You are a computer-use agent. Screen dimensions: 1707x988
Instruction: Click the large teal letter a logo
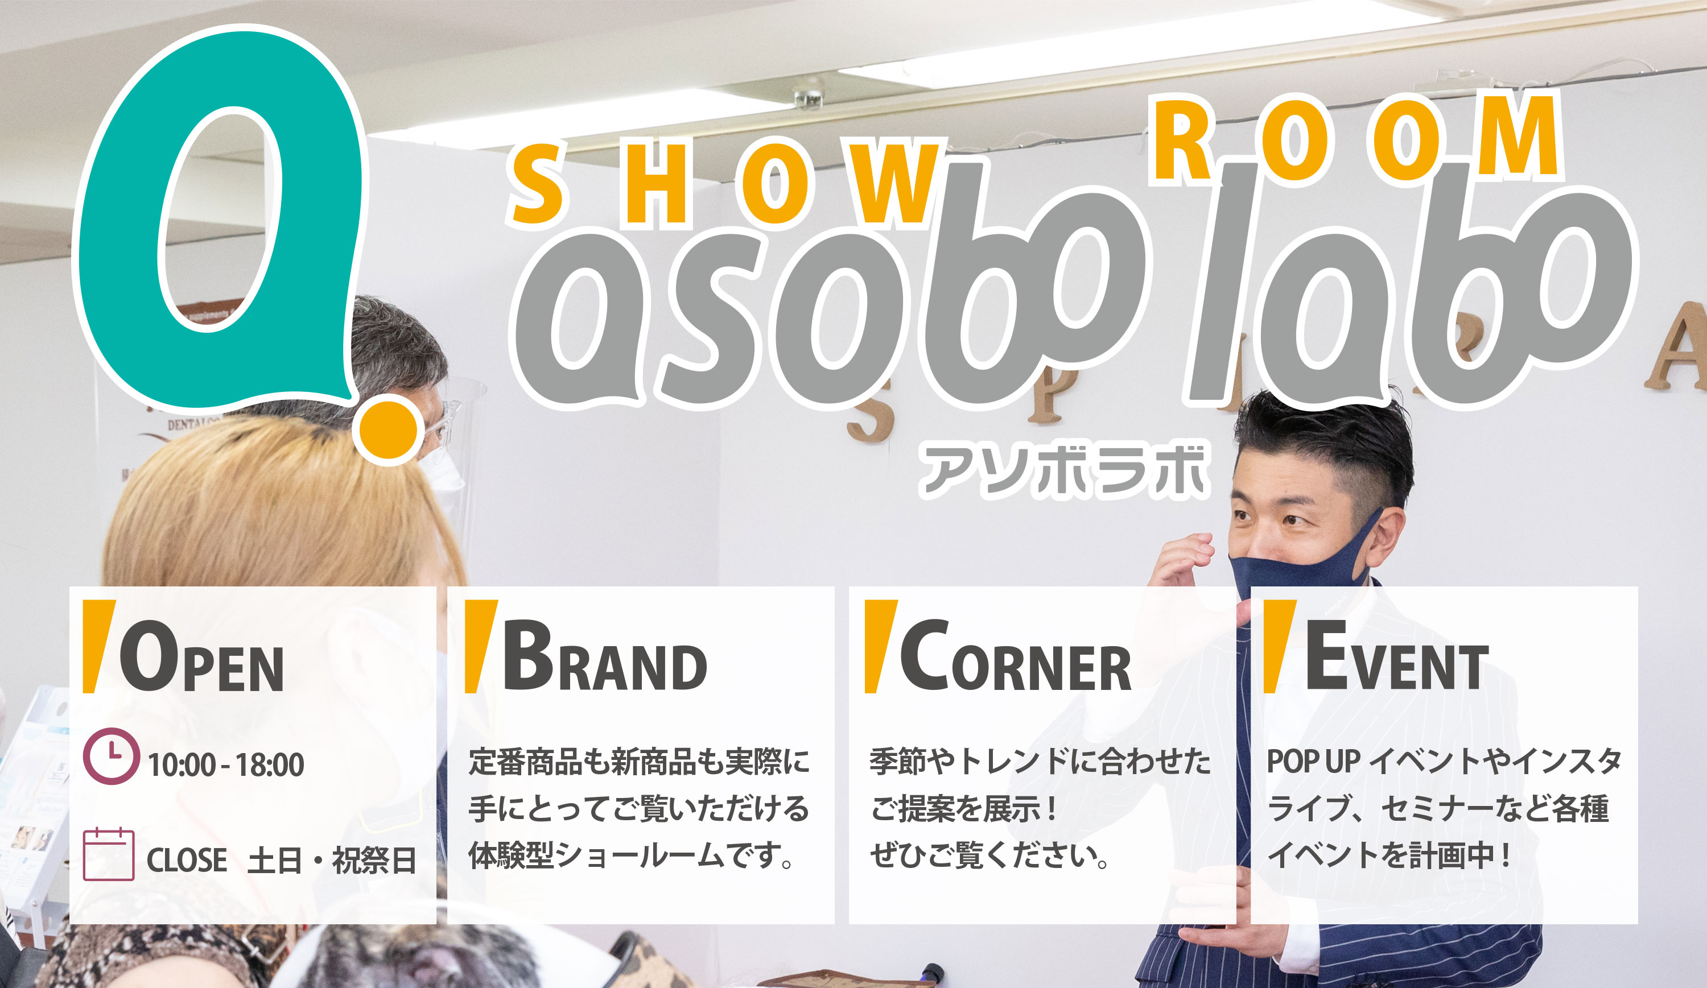click(x=122, y=224)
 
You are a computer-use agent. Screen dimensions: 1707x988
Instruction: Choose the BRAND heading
click(x=604, y=655)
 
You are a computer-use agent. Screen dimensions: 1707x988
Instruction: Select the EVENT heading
click(x=1397, y=655)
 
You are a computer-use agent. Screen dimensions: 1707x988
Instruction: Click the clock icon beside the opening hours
click(x=112, y=756)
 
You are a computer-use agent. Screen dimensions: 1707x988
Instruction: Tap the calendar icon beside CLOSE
click(x=108, y=854)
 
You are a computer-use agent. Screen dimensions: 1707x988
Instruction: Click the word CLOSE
click(x=187, y=861)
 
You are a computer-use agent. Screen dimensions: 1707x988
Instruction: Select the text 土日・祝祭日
click(x=332, y=861)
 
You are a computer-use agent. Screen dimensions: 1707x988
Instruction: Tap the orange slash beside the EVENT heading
click(x=1280, y=647)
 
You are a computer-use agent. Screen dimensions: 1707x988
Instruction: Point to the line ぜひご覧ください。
click(x=989, y=855)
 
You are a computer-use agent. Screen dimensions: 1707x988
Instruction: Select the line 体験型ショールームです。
click(x=632, y=855)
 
